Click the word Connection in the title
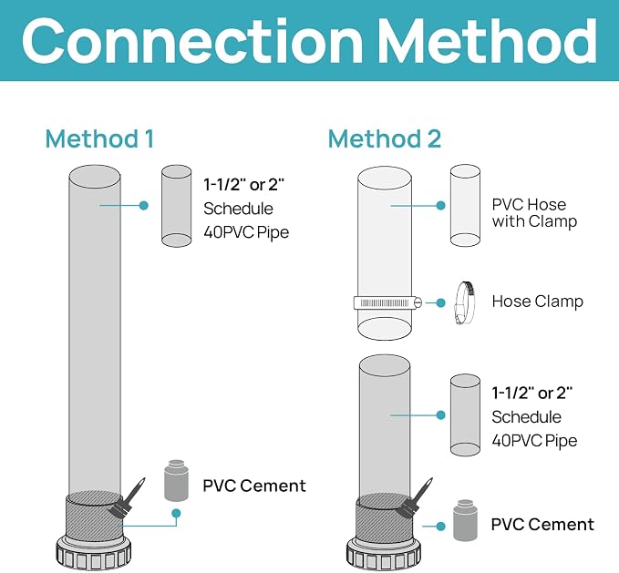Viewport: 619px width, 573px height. pyautogui.click(x=192, y=41)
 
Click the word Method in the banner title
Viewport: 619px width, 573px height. pyautogui.click(x=487, y=41)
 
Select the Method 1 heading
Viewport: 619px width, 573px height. pyautogui.click(x=99, y=138)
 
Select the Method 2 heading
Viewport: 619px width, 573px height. pyautogui.click(x=385, y=138)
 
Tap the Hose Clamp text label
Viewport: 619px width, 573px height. pyautogui.click(x=537, y=302)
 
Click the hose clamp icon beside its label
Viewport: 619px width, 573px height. pyautogui.click(x=465, y=302)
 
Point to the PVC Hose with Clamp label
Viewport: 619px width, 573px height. pyautogui.click(x=534, y=213)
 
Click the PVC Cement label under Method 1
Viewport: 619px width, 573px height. pyautogui.click(x=254, y=486)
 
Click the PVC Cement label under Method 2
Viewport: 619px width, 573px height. pyautogui.click(x=542, y=525)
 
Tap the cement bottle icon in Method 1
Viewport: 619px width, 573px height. pyautogui.click(x=176, y=480)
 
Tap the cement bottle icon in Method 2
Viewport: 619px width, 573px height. pyautogui.click(x=465, y=520)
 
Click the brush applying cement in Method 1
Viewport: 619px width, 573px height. pyautogui.click(x=126, y=500)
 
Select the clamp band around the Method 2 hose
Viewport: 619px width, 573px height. pyautogui.click(x=387, y=302)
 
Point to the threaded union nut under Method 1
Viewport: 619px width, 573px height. pyautogui.click(x=94, y=554)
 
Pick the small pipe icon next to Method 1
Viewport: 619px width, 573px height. pyautogui.click(x=177, y=206)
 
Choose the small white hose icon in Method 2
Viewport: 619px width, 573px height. pyautogui.click(x=465, y=206)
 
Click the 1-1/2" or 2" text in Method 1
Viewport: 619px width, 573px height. pyautogui.click(x=244, y=185)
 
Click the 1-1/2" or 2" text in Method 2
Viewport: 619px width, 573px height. pyautogui.click(x=532, y=394)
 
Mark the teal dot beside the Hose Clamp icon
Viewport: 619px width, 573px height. pyautogui.click(x=441, y=302)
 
